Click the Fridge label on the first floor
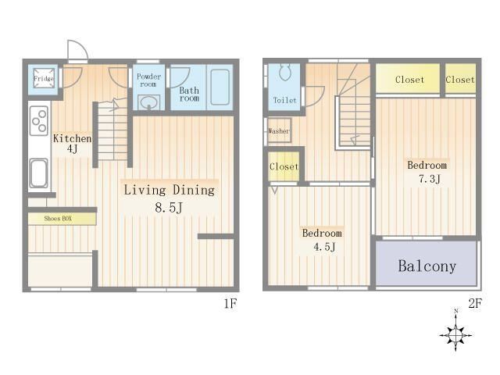(44, 78)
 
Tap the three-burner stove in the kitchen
(39, 121)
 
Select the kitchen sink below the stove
(39, 173)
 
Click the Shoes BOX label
(58, 219)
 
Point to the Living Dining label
(169, 190)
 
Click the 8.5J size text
(169, 208)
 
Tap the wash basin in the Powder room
(149, 102)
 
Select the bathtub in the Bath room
(220, 87)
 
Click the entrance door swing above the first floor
(77, 50)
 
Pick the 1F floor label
(230, 304)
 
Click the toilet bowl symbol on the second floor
(285, 73)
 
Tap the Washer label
(279, 130)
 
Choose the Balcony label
(427, 266)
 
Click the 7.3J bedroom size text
(430, 179)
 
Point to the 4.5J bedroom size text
(324, 247)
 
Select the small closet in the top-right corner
(460, 79)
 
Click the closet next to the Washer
(284, 166)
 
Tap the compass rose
(456, 335)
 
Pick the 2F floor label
(475, 303)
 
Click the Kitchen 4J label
(72, 144)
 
